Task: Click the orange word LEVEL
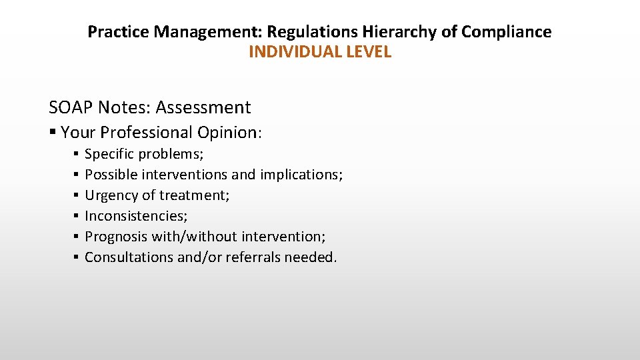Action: [369, 52]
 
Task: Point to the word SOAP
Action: [70, 107]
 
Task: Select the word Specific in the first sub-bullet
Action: [109, 155]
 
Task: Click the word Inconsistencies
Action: [136, 216]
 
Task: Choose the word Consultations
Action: [129, 257]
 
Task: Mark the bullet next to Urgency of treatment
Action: [77, 195]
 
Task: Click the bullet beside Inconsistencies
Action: [77, 216]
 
